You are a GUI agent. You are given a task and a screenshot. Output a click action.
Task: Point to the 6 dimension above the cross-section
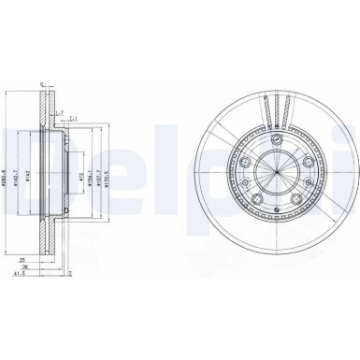click(x=42, y=83)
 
